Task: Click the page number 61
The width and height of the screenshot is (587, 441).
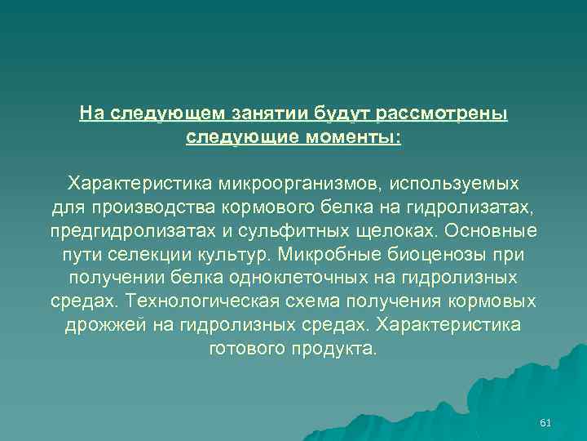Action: (x=546, y=422)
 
